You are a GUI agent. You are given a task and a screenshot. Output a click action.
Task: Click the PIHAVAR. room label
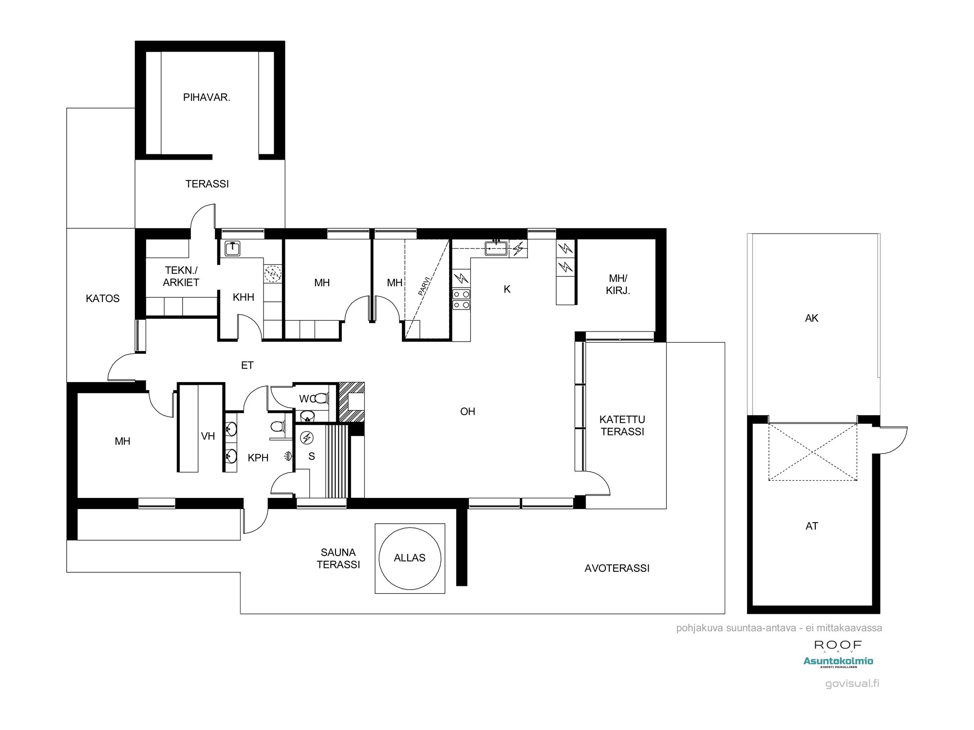coord(206,97)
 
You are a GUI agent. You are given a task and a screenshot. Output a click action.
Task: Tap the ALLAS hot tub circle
coord(410,558)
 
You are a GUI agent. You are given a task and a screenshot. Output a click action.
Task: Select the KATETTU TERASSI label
coord(622,425)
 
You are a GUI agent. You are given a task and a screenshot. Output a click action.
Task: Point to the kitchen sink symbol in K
coord(496,249)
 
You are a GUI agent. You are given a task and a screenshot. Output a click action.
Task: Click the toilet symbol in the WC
coord(320,399)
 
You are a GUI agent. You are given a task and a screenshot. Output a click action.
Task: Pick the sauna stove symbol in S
coord(307,438)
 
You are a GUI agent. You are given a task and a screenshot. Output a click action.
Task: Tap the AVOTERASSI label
coord(617,568)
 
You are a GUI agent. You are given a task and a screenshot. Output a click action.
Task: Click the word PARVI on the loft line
coord(424,286)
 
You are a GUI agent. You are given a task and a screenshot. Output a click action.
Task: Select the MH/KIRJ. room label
coord(618,285)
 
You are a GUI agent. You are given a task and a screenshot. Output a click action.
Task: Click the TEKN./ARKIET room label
coord(181,276)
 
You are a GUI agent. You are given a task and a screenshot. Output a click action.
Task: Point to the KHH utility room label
coord(243,297)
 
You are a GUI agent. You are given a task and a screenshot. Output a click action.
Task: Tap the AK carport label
coord(811,318)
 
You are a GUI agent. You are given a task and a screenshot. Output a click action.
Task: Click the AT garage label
coord(811,526)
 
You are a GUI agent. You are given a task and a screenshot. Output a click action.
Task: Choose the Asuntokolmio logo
coord(838,661)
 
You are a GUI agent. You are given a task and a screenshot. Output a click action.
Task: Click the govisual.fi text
coord(852,683)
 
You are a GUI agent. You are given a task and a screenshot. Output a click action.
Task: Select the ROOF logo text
coord(838,645)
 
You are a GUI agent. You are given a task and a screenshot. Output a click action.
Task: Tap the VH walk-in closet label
coord(208,436)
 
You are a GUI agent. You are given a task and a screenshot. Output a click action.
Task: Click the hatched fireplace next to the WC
coord(352,402)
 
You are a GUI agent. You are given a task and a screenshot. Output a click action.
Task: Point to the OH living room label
coord(467,412)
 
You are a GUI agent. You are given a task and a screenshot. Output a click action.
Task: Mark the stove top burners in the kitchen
coord(461,299)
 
